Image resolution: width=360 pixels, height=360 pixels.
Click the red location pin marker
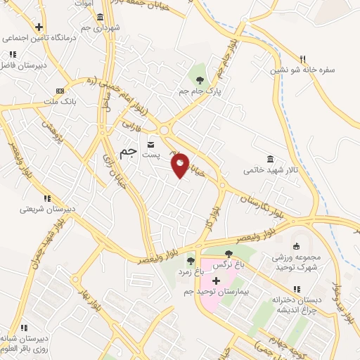point(181,165)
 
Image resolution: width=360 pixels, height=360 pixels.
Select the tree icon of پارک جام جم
point(200,79)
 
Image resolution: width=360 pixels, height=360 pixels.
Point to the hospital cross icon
point(216,281)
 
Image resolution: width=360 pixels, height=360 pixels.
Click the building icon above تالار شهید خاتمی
point(270,159)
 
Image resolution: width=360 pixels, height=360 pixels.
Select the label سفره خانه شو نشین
point(304,70)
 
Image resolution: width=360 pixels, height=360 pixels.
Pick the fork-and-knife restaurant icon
point(303,58)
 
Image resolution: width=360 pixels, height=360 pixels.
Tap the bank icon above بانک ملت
point(60,91)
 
